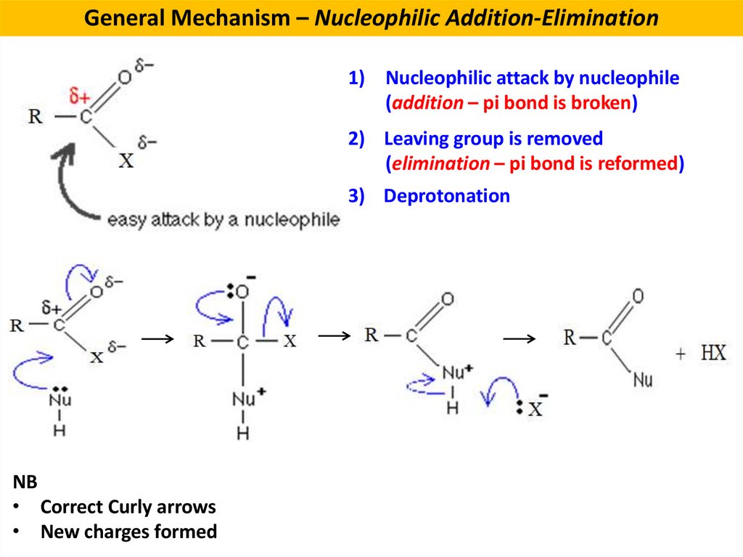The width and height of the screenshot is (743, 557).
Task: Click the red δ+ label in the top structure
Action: pos(78,95)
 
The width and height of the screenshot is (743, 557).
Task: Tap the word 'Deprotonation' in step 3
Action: pos(446,196)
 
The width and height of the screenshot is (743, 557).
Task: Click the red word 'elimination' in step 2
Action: pos(440,164)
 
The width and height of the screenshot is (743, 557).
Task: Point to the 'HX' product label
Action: pos(713,354)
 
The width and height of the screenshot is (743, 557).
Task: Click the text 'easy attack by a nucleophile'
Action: pos(223,219)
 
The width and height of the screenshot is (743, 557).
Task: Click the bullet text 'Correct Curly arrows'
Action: pos(128,507)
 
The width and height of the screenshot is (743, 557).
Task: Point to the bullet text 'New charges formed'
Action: pos(128,532)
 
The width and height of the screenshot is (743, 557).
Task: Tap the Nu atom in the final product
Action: pos(642,379)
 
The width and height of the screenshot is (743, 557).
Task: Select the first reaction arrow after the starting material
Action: pos(157,339)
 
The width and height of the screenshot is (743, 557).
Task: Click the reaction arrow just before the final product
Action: pos(519,339)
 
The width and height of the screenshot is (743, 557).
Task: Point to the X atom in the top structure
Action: pos(126,160)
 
